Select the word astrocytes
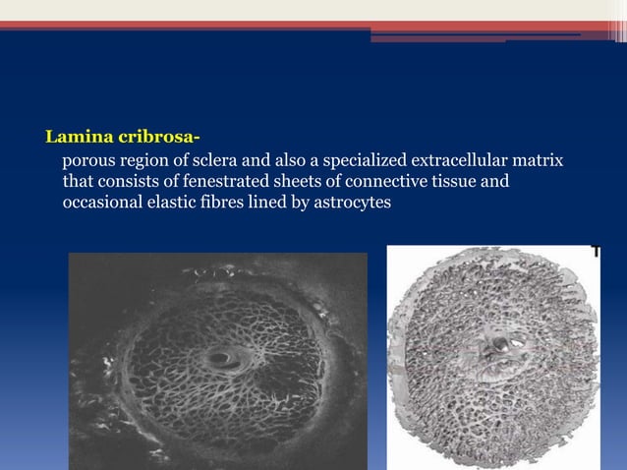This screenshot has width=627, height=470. click(x=351, y=203)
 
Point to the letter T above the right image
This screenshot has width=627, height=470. click(x=596, y=253)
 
